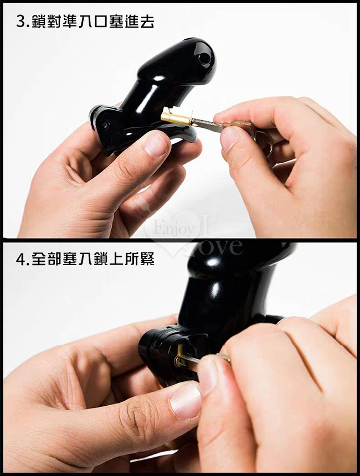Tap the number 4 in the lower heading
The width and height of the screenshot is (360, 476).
(21, 259)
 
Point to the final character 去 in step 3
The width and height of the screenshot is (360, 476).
(147, 22)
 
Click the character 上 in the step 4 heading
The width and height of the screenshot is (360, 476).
(117, 259)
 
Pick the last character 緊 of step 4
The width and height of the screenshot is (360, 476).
(147, 259)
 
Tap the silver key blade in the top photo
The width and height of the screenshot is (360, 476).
(208, 125)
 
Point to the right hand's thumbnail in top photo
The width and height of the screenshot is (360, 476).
(228, 139)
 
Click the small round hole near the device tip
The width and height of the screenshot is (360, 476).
(204, 58)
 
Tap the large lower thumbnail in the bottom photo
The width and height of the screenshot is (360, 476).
(185, 402)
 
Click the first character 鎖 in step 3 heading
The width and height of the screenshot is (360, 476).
(39, 22)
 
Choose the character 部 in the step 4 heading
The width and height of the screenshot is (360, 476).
(55, 259)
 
